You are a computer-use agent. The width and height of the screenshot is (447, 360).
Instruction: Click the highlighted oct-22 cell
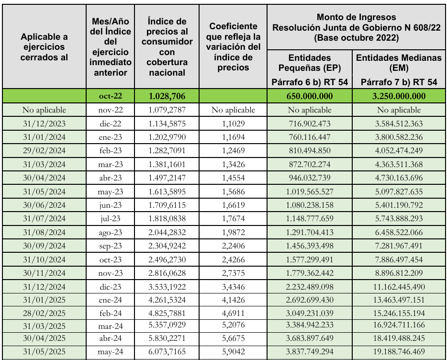[111, 96]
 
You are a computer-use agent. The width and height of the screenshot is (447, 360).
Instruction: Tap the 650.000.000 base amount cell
[309, 96]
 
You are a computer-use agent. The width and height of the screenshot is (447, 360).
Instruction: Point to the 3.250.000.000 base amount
[399, 96]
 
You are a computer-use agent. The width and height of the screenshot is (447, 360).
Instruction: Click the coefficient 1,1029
[234, 124]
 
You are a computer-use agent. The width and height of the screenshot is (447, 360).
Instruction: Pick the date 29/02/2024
[45, 150]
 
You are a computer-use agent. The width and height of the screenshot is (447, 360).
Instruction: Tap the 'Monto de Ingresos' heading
[357, 18]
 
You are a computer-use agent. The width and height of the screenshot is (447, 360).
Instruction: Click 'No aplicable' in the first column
[45, 110]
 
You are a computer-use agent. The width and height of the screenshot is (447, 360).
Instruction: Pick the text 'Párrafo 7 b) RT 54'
[399, 82]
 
